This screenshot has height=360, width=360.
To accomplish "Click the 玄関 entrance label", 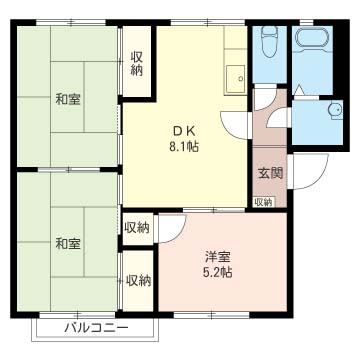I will (x=270, y=172).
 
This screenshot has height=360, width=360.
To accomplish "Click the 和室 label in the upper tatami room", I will (x=67, y=99).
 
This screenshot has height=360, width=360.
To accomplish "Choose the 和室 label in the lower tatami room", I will (x=67, y=243).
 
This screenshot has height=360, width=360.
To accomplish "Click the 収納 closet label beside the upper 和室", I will (x=136, y=62).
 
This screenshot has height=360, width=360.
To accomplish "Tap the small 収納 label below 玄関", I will (x=262, y=202).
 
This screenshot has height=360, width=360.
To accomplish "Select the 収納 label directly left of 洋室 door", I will (x=137, y=227).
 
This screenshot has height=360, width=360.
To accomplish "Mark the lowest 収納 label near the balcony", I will (x=137, y=280).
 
